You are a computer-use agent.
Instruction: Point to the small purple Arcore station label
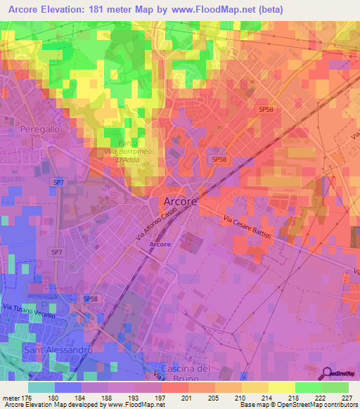click(x=160, y=245)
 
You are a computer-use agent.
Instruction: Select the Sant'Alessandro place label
click(x=48, y=349)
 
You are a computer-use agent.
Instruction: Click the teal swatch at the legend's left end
click(x=41, y=387)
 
